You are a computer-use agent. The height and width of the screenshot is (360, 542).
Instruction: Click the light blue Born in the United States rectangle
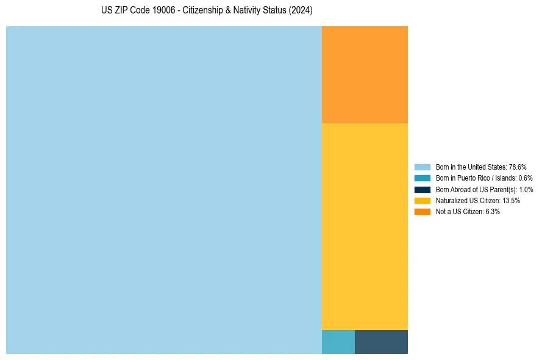pos(163,190)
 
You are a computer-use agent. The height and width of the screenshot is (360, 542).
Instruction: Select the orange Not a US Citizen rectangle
pos(365,74)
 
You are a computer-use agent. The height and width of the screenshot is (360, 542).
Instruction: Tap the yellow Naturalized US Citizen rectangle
pos(365,226)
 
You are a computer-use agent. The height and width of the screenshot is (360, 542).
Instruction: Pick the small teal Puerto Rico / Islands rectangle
pos(338,342)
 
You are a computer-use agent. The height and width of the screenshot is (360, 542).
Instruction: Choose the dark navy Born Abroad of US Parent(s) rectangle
pos(381,342)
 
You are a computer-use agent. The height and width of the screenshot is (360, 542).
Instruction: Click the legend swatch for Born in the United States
pos(422,167)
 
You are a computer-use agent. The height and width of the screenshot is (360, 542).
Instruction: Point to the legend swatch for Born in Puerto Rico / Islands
pos(422,178)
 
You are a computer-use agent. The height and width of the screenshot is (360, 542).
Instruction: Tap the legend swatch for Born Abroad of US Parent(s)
pos(422,189)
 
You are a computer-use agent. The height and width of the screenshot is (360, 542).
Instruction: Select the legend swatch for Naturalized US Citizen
pos(422,200)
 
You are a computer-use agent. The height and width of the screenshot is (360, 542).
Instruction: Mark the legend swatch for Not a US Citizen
pos(422,211)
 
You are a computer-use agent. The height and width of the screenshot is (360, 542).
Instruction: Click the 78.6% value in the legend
pos(517,167)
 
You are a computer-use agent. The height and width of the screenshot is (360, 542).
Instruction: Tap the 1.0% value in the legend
pos(526,189)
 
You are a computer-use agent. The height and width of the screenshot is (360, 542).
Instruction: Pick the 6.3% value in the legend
pos(492,211)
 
